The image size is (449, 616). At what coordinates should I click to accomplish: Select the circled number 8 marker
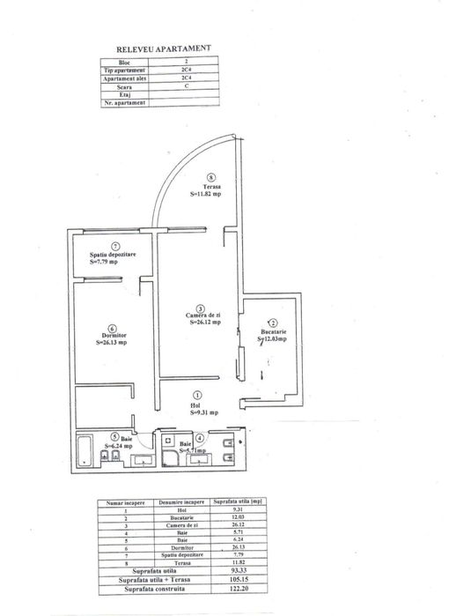[x=209, y=176]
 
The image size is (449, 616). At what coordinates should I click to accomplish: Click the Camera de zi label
[x=202, y=315]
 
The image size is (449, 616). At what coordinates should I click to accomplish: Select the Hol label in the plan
[x=197, y=406]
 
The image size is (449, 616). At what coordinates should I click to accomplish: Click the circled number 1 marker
[x=197, y=396]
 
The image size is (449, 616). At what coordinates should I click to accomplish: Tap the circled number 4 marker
[x=200, y=437]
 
